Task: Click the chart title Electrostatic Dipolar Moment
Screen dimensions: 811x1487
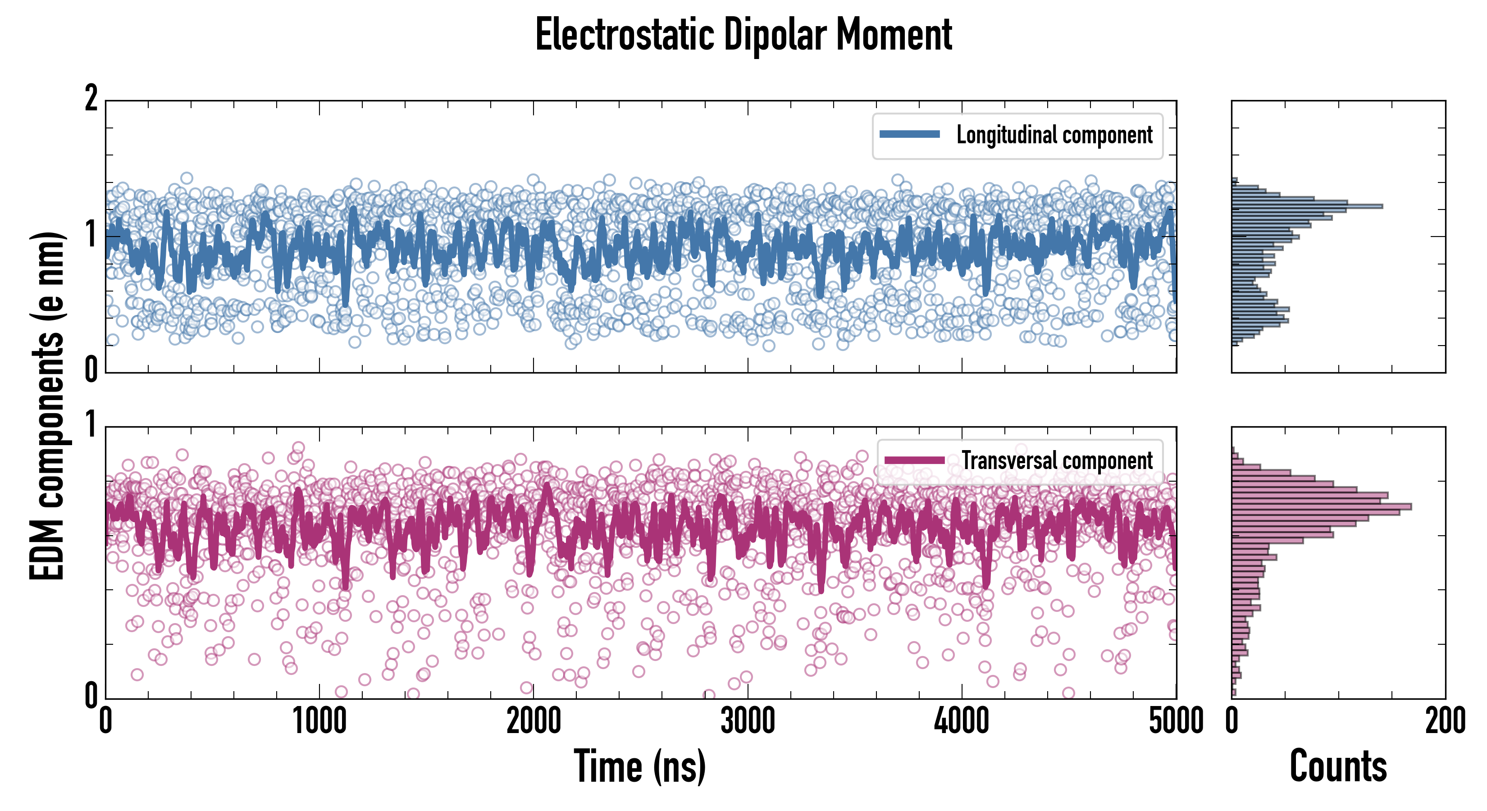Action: tap(743, 35)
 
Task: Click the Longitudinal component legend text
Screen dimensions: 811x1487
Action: tap(1054, 135)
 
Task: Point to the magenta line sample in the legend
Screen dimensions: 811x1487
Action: tap(914, 460)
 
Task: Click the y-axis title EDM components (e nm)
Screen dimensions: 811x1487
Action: tap(47, 406)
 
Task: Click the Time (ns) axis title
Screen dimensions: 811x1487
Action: tap(639, 766)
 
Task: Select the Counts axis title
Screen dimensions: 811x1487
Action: tap(1337, 766)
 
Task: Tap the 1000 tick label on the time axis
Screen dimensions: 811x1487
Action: tap(319, 721)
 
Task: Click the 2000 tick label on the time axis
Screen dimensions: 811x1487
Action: tap(534, 721)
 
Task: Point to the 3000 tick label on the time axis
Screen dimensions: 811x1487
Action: tap(748, 721)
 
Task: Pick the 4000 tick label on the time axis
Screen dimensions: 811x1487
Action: tap(962, 721)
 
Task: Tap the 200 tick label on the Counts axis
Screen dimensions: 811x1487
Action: tap(1445, 721)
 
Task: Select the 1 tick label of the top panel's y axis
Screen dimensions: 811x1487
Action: tap(91, 234)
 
